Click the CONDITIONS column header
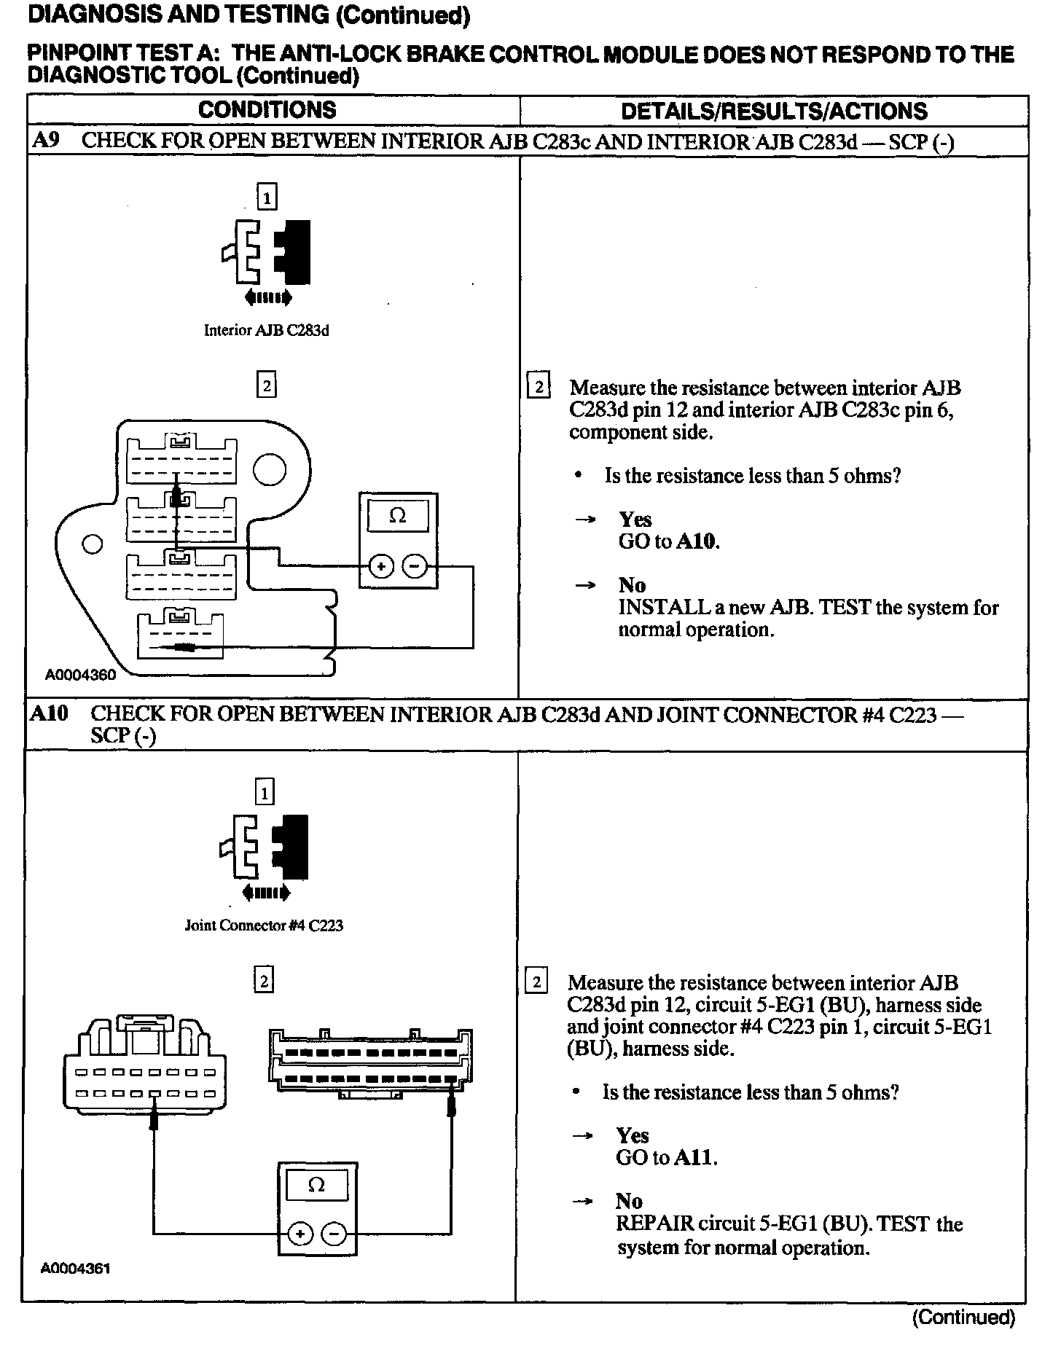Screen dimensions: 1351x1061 point(267,110)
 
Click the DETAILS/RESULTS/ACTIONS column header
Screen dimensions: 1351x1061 point(774,111)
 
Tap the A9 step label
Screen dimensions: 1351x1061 point(45,141)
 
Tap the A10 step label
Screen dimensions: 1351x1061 point(49,713)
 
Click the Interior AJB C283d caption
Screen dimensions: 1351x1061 point(266,331)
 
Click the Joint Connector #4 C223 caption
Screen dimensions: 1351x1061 point(264,926)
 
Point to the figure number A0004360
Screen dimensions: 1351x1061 point(80,675)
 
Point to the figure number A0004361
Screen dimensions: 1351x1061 point(75,1268)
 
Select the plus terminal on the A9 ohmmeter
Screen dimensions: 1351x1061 point(381,566)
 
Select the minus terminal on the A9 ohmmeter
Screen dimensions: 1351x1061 point(415,566)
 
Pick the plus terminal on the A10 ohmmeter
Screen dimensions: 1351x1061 point(299,1234)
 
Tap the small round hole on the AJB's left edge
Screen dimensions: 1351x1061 point(92,544)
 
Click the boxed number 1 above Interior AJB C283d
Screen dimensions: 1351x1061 point(267,197)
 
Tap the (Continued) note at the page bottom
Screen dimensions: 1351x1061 point(963,1317)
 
